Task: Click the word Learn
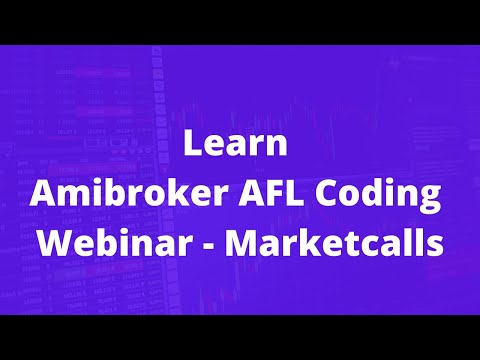tap(235, 143)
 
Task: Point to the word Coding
tap(378, 196)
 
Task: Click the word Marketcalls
tap(334, 243)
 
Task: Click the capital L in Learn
tap(192, 143)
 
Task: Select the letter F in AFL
tap(276, 193)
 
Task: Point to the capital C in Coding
tap(326, 193)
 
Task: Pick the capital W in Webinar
tap(56, 243)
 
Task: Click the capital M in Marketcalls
tap(241, 243)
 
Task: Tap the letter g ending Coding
tap(431, 200)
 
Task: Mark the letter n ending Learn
tap(277, 146)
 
